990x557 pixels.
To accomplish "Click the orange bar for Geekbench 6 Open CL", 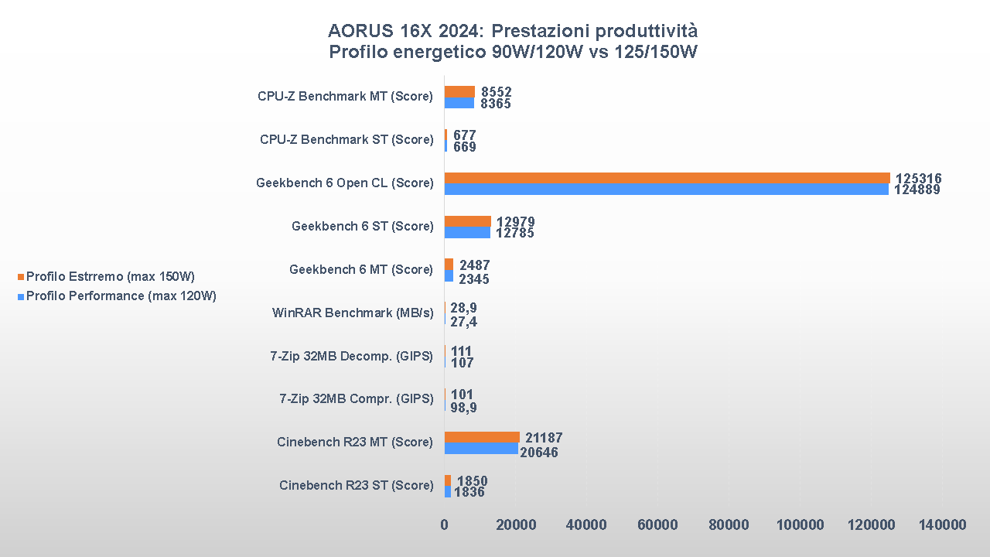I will [667, 178].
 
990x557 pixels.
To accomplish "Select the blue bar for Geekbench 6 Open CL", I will [666, 190].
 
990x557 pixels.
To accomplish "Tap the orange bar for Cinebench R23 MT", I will [482, 437].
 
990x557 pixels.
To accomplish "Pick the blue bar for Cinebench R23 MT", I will [481, 448].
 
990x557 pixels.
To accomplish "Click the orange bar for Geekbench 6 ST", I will [467, 221].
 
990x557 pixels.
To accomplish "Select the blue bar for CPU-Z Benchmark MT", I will [459, 103].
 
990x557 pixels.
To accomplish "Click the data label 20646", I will [539, 453].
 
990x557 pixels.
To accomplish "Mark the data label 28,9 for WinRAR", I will [463, 308].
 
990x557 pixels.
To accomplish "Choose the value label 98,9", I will [463, 407].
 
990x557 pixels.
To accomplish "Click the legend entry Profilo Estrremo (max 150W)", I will [110, 276].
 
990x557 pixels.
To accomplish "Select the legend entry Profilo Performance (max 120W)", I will [121, 296].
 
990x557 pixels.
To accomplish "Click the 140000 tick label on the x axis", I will [942, 525].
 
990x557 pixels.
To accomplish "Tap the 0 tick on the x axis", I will [444, 525].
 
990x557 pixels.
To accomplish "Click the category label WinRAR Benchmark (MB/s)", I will [352, 313].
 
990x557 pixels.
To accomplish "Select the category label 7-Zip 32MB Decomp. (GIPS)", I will [351, 356].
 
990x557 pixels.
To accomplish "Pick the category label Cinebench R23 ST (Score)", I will [356, 485].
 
